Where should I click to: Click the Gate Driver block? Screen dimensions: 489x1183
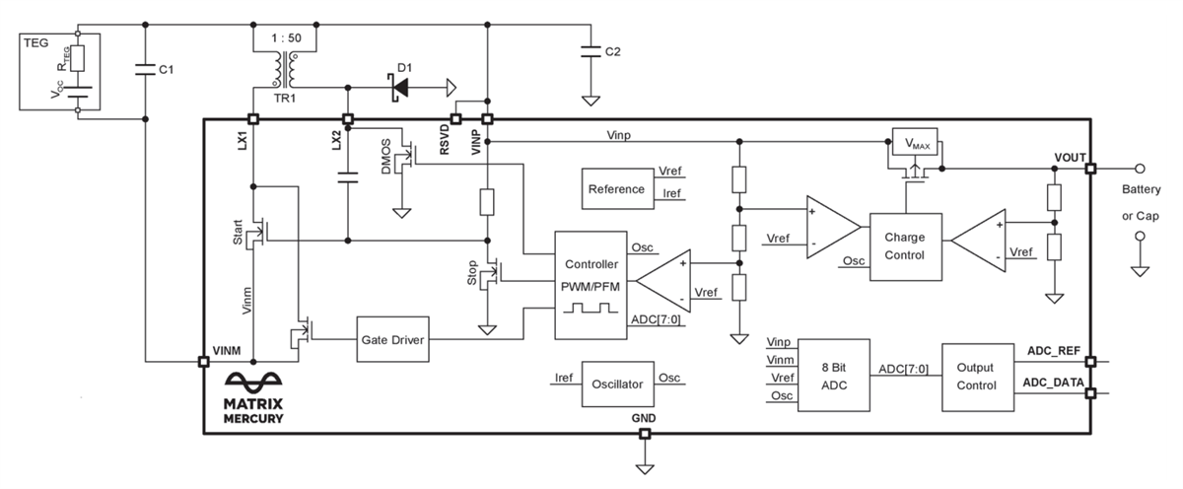392,338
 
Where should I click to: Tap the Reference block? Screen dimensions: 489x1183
616,188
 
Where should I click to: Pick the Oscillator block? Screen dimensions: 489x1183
617,384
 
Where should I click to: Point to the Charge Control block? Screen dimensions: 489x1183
905,246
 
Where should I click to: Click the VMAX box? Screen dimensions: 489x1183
918,144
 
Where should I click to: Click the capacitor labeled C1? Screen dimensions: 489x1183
145,68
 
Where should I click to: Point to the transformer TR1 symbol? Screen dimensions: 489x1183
286,68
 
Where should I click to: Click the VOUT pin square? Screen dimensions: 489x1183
1090,169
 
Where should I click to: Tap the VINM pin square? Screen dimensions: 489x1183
203,362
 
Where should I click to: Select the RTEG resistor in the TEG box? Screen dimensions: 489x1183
77,56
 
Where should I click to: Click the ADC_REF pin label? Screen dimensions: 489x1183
1053,351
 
